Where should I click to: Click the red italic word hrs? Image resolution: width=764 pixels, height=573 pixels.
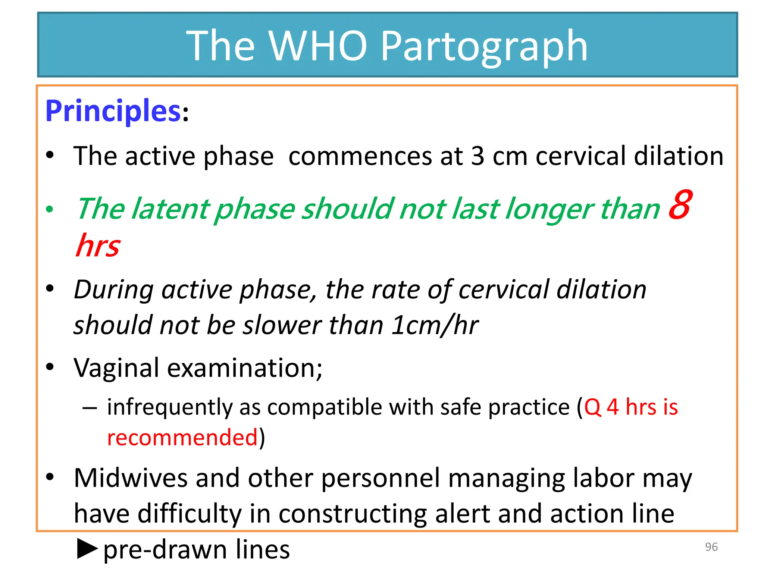97,245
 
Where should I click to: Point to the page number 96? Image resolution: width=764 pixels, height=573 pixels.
711,547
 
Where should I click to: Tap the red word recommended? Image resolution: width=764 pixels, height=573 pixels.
182,438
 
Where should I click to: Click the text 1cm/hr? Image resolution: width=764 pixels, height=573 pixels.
435,325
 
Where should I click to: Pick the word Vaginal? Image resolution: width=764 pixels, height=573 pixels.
116,368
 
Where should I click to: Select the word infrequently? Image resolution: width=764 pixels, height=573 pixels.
170,407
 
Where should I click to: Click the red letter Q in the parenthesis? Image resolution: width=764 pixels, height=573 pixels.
592,407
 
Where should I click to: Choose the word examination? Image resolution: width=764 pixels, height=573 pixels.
245,368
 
